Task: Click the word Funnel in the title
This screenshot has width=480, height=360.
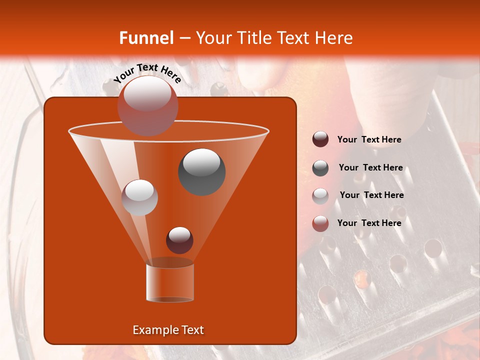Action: click(x=146, y=38)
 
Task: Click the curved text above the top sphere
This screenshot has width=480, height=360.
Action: click(x=147, y=73)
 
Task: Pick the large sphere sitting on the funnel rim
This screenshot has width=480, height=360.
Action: click(x=147, y=105)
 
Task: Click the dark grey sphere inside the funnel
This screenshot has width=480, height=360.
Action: click(x=201, y=171)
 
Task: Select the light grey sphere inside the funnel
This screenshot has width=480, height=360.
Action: click(x=140, y=197)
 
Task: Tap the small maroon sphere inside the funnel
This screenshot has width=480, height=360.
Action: click(x=179, y=240)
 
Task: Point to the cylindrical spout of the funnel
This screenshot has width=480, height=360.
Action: click(x=170, y=283)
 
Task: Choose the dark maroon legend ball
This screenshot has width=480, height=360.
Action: click(x=320, y=139)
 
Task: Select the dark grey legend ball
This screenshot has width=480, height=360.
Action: click(x=320, y=167)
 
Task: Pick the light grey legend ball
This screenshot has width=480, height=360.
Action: click(x=320, y=195)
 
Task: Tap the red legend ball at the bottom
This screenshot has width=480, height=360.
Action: click(x=320, y=223)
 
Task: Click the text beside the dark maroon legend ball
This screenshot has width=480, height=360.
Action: click(x=369, y=140)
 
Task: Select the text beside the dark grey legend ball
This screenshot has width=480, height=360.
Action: click(x=370, y=167)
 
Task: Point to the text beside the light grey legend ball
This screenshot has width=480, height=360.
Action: click(x=371, y=195)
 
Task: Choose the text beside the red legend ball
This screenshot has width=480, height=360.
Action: click(x=369, y=223)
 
